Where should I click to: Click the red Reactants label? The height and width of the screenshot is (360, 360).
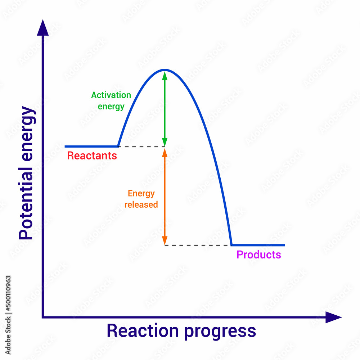pyautogui.click(x=92, y=156)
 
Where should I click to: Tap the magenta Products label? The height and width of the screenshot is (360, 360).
pyautogui.click(x=258, y=255)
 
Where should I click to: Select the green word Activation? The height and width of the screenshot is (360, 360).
pyautogui.click(x=111, y=95)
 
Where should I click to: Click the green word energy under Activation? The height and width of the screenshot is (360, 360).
pyautogui.click(x=111, y=107)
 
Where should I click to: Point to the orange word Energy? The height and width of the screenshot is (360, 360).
pyautogui.click(x=141, y=194)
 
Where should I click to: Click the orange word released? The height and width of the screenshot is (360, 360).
pyautogui.click(x=141, y=204)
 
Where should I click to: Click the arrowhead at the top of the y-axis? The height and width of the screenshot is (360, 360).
pyautogui.click(x=43, y=28)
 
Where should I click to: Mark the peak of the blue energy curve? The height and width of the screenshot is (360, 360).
pyautogui.click(x=165, y=69)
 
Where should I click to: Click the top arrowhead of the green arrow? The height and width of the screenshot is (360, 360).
pyautogui.click(x=165, y=75)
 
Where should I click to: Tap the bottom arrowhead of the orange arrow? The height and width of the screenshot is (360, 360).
pyautogui.click(x=165, y=240)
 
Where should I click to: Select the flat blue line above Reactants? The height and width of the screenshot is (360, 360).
pyautogui.click(x=91, y=147)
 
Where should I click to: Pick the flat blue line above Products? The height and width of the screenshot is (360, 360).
pyautogui.click(x=258, y=245)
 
